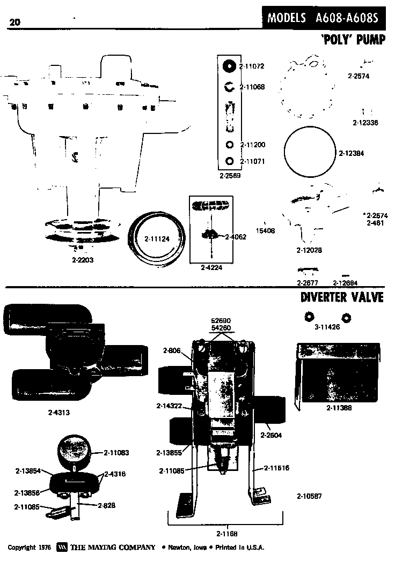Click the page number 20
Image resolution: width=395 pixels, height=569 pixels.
[14, 21]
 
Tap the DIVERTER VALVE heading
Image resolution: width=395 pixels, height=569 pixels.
[342, 296]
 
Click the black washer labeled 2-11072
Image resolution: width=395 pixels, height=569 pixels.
[229, 66]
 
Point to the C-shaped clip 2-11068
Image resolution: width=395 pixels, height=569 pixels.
[228, 87]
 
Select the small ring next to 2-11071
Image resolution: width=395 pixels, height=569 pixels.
[230, 161]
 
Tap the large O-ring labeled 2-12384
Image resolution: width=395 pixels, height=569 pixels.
[310, 153]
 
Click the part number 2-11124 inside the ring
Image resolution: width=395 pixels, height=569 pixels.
[157, 238]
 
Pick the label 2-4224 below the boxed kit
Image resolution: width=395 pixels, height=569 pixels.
[211, 267]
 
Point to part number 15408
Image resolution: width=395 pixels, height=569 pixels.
[265, 231]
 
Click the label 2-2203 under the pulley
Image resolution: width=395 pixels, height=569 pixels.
[82, 260]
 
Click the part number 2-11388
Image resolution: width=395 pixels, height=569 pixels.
[339, 408]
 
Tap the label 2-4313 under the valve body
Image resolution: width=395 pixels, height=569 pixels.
[59, 413]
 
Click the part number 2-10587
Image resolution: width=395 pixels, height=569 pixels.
[309, 496]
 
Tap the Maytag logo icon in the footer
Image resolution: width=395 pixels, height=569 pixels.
[62, 548]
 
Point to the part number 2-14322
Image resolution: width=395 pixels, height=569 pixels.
[169, 405]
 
